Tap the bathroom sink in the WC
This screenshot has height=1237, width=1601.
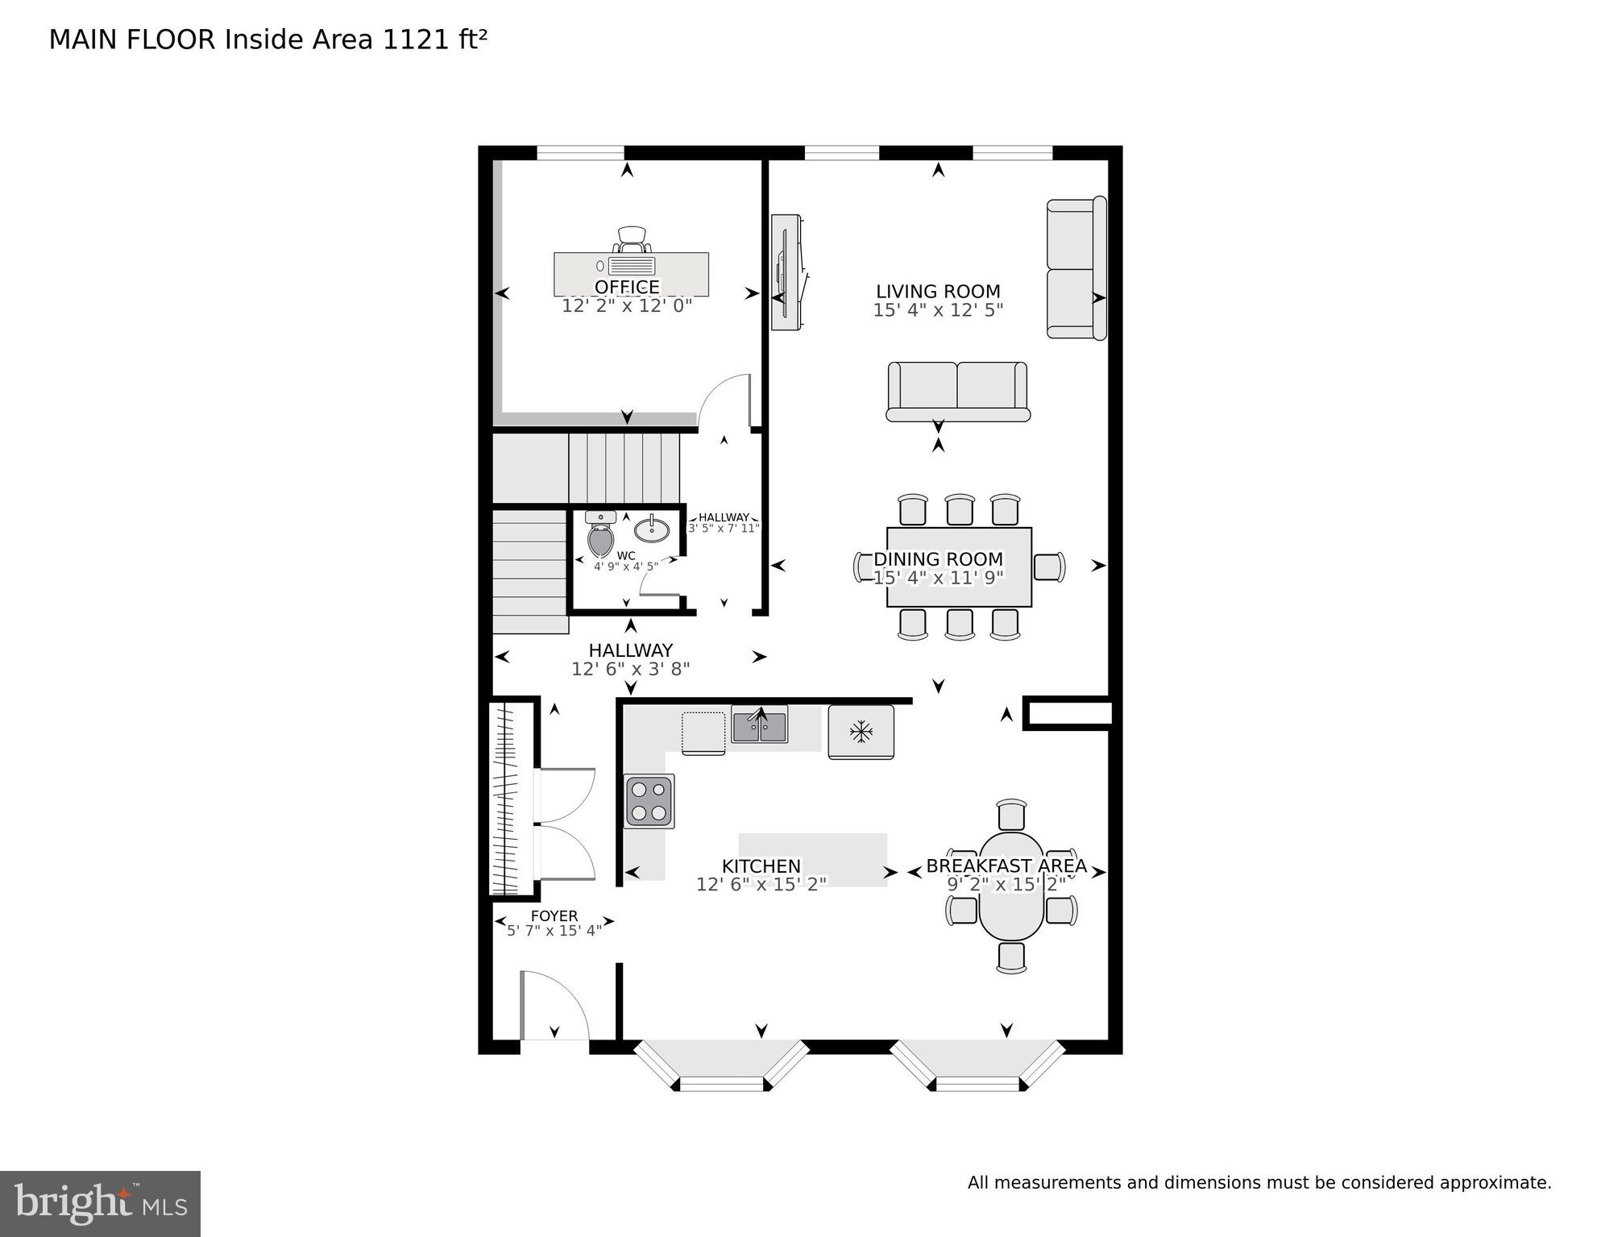(651, 529)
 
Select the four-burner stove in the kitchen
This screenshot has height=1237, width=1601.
(649, 801)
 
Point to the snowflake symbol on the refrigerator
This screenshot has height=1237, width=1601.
(861, 732)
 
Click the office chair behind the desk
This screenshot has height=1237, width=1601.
(632, 239)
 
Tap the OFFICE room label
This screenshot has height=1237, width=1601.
(627, 288)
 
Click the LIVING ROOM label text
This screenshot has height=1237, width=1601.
(938, 292)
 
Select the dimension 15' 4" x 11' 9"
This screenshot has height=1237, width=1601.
(938, 578)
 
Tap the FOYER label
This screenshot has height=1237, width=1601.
(554, 916)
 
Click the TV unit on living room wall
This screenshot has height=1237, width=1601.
(786, 272)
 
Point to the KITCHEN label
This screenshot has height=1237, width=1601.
(761, 866)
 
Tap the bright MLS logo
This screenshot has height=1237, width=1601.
(100, 1203)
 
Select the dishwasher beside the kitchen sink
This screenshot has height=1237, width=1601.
(703, 733)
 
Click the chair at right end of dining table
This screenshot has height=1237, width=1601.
(1048, 567)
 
